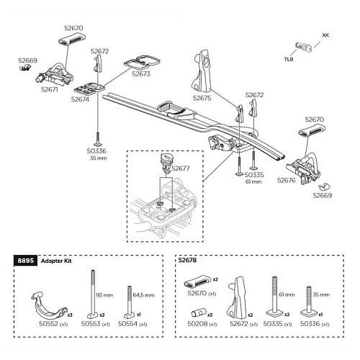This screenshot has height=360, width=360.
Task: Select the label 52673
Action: click(x=141, y=73)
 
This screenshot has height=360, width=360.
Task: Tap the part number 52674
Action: click(x=80, y=100)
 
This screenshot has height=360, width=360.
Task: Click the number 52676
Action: click(x=287, y=180)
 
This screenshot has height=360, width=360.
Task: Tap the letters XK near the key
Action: click(x=325, y=34)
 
